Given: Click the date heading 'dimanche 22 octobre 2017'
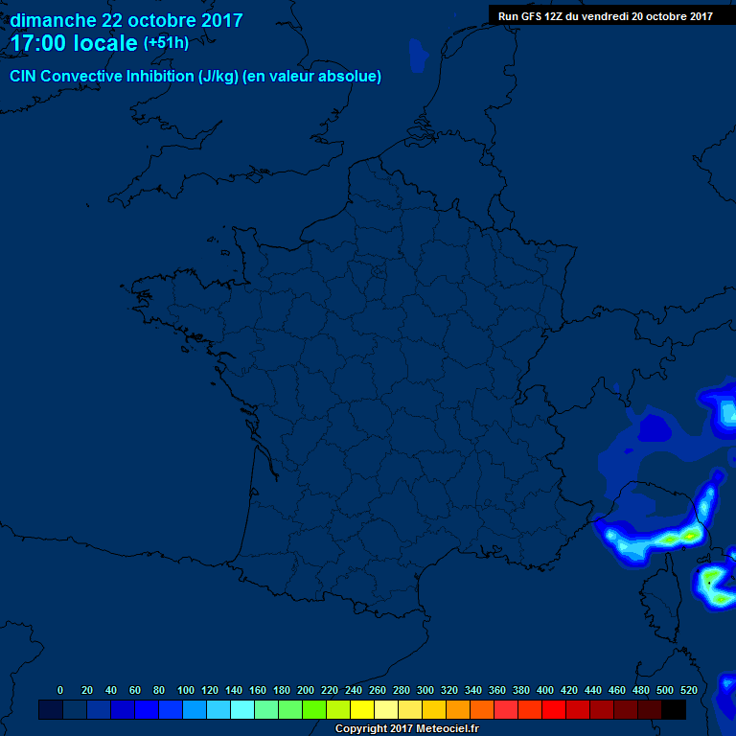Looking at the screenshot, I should click(126, 20).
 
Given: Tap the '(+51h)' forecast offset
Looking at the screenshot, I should click(166, 43).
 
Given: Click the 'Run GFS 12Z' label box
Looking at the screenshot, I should click(605, 15).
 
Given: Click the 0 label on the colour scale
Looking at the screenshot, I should click(60, 690).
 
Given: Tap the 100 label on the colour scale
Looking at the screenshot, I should click(186, 690).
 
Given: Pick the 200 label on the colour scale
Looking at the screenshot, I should click(306, 690).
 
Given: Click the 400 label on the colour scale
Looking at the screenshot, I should click(545, 690).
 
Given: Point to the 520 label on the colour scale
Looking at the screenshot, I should click(688, 690).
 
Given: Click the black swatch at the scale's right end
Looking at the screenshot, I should click(674, 710).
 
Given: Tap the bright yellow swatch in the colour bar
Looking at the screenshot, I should click(362, 710).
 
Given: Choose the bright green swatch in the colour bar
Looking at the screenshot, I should click(314, 710).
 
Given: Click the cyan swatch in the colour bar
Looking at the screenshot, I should click(242, 710).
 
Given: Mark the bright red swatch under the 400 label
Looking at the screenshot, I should click(554, 710).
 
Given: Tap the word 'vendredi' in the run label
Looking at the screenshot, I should click(604, 15).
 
